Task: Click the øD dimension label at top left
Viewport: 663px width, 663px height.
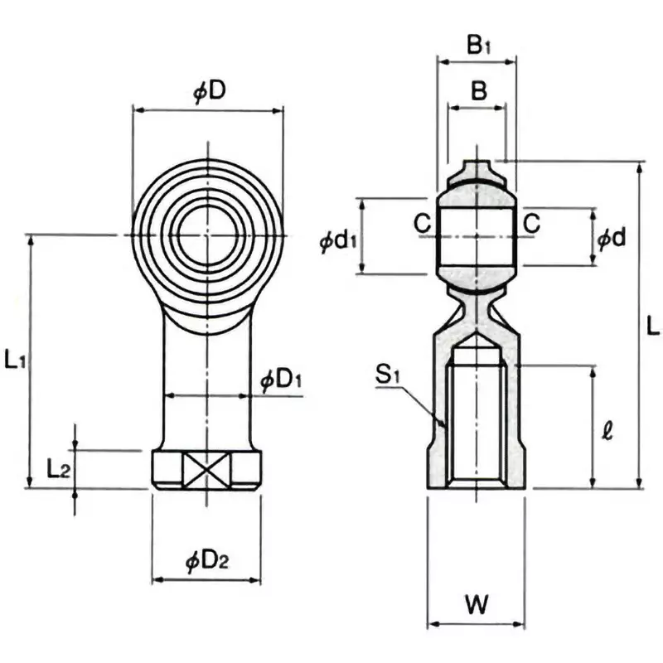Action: click(x=209, y=91)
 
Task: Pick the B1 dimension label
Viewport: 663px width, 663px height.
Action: click(x=478, y=46)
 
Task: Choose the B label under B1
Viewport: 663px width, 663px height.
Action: click(x=478, y=91)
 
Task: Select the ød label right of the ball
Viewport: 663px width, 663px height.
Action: click(x=611, y=239)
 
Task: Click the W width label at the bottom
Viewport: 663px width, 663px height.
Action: click(x=475, y=605)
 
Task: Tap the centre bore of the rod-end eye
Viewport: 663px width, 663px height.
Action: click(x=206, y=237)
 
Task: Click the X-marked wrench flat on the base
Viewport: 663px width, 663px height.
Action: click(x=205, y=470)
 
